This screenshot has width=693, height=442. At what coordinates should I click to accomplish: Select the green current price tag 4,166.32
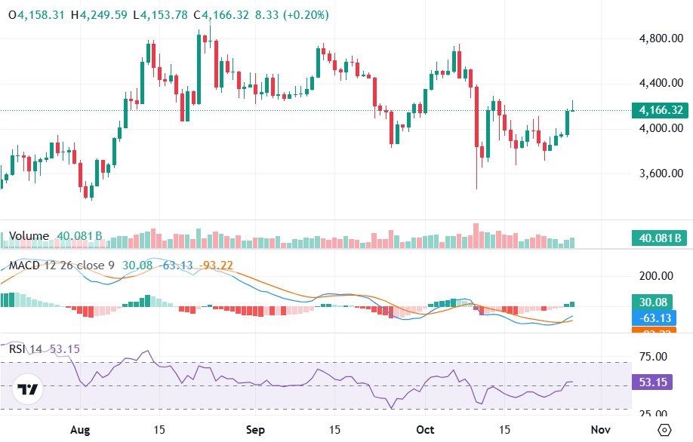point(661,111)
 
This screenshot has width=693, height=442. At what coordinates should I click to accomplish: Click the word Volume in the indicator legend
point(29,236)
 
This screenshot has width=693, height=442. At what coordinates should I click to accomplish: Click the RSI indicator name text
point(17,348)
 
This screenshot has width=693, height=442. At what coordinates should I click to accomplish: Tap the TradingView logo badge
point(29,389)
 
